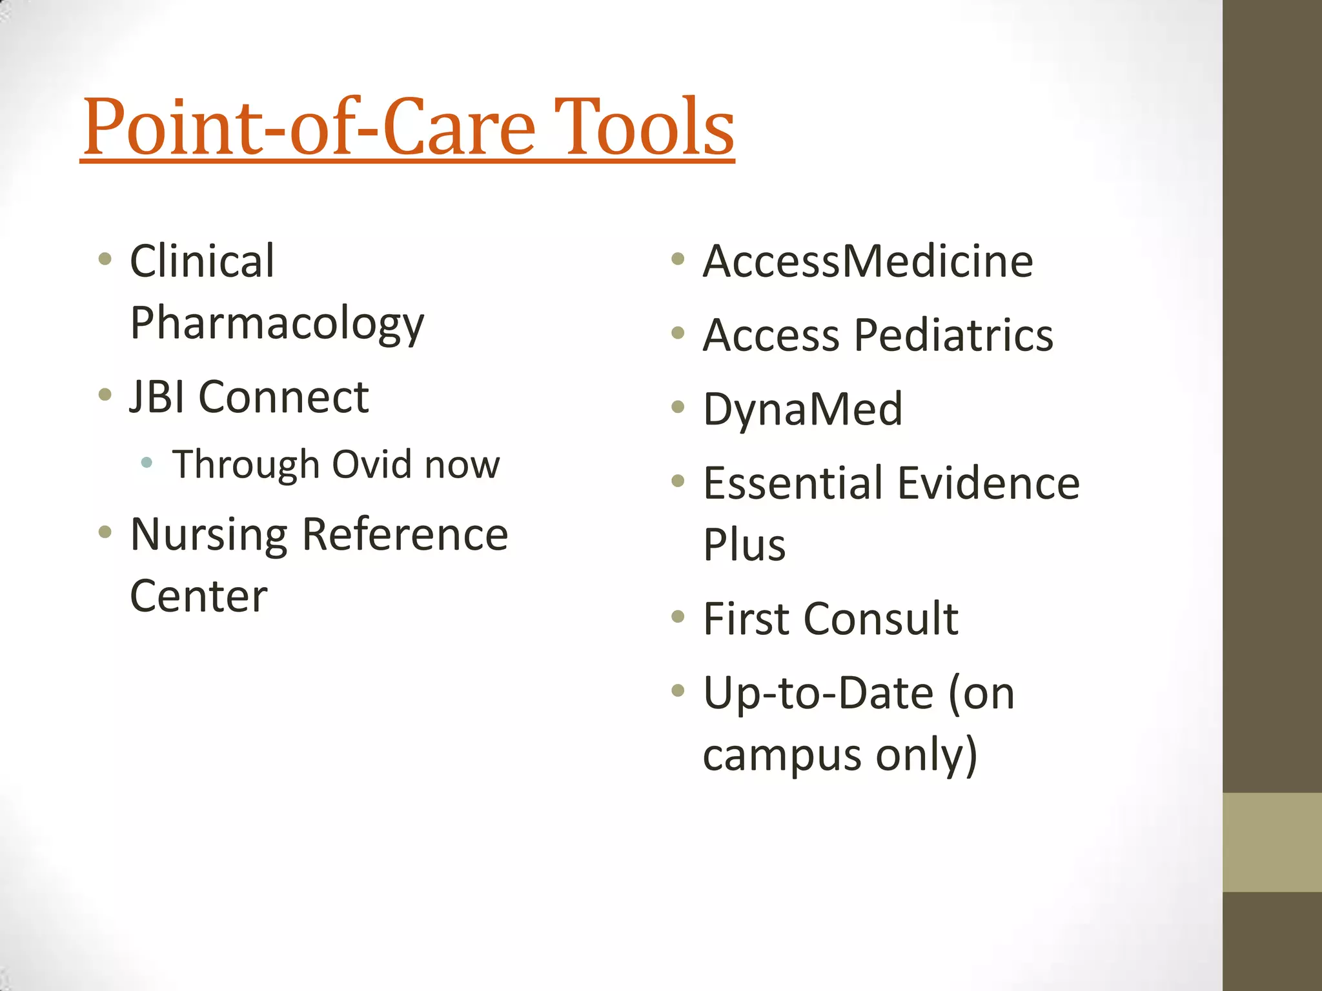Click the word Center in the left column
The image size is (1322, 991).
tap(198, 596)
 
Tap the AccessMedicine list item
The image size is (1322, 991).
tap(868, 261)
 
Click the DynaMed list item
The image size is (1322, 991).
tap(802, 410)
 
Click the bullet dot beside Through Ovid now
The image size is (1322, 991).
tap(147, 462)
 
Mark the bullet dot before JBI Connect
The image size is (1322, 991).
tap(105, 394)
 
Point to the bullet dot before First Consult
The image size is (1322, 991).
tap(677, 616)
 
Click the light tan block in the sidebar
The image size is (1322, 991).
tap(1272, 842)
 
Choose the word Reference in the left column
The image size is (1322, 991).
tap(405, 536)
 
